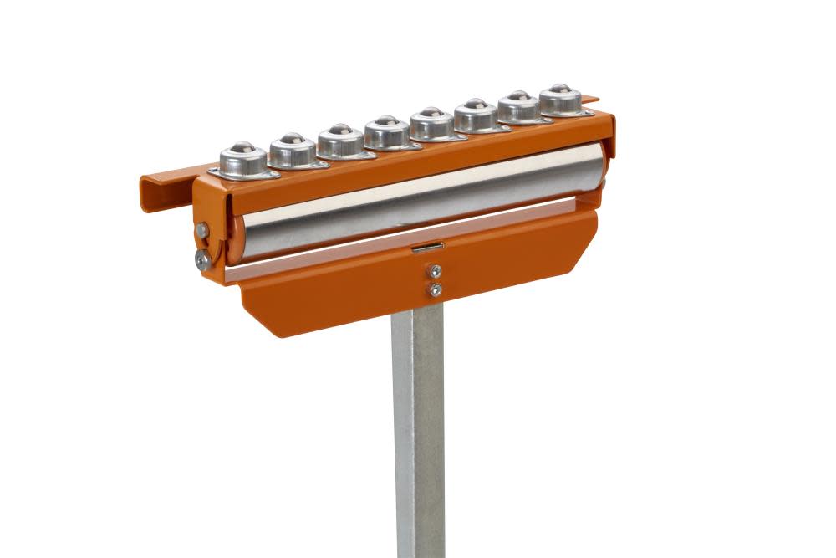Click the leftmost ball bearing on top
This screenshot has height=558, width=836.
coord(242,157)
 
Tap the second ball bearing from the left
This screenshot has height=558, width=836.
coord(292,148)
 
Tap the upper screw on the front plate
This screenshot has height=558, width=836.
coord(435,271)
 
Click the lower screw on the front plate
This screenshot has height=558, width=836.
coord(435,289)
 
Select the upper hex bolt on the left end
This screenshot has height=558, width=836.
coord(202,230)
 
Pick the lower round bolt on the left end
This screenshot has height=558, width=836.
coord(202,260)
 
